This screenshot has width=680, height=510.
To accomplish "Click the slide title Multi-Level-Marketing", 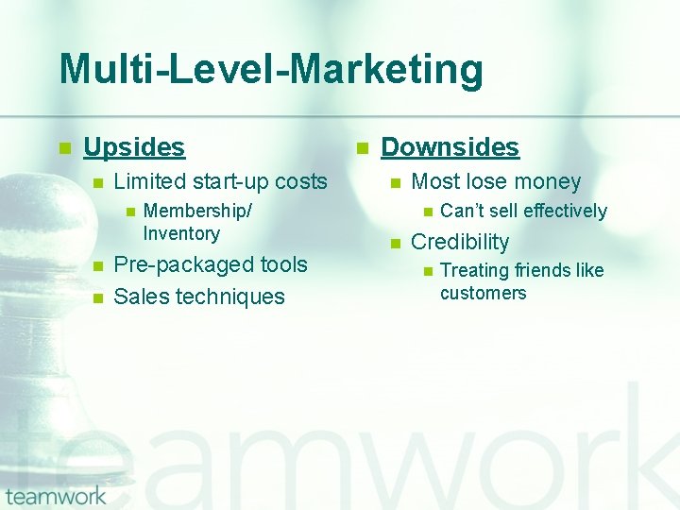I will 271,69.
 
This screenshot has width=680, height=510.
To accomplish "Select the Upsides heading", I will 134,146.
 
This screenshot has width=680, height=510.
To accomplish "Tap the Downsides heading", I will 450,146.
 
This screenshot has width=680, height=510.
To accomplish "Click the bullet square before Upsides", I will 65,148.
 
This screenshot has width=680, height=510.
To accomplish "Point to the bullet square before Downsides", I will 361,148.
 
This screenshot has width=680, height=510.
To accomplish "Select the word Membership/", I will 197,211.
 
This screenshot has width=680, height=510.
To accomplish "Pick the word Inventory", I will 181,233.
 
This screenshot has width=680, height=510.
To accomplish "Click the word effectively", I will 565,211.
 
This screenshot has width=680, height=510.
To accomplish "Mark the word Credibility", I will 460,242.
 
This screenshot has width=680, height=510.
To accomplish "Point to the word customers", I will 483,293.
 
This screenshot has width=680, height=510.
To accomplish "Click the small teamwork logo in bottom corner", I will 56,495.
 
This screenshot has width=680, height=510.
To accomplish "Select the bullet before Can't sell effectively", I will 425,212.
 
